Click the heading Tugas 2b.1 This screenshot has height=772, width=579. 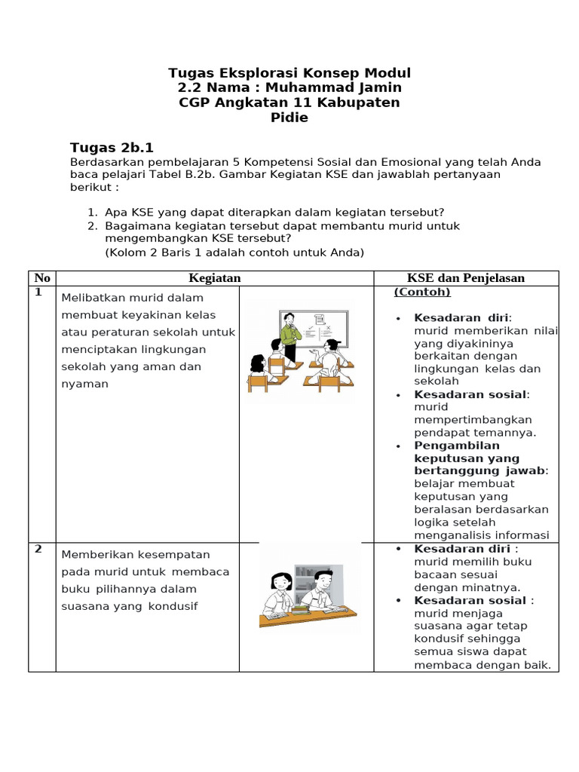coord(112,147)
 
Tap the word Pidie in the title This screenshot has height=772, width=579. coord(289,118)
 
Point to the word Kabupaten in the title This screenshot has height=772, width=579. coord(358,103)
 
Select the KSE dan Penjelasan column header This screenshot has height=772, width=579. coord(466,278)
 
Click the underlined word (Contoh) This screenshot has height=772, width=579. coord(422,293)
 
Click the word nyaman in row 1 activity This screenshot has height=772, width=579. coord(84,384)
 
